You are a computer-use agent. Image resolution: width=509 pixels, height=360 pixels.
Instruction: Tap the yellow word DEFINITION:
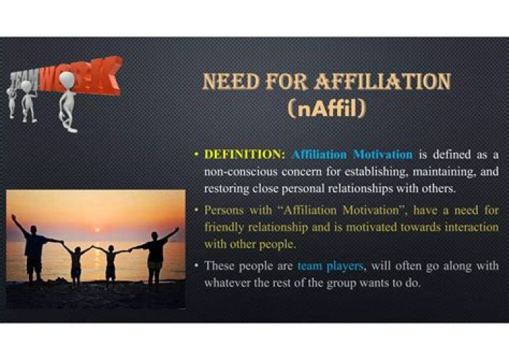tap(242, 153)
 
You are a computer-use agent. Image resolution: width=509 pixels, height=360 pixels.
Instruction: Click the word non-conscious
tap(238, 171)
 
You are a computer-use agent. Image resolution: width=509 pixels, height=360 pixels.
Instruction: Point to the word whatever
tap(229, 283)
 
